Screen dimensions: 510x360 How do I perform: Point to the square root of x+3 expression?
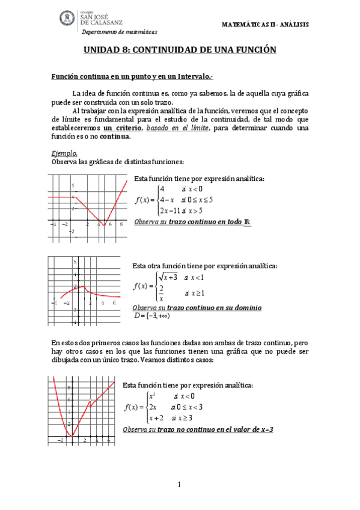tap(168, 277)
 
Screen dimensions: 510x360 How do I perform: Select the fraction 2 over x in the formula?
tap(162, 292)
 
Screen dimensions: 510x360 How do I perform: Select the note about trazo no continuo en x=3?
tap(198, 430)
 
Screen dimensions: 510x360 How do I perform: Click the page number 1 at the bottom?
tap(179, 485)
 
